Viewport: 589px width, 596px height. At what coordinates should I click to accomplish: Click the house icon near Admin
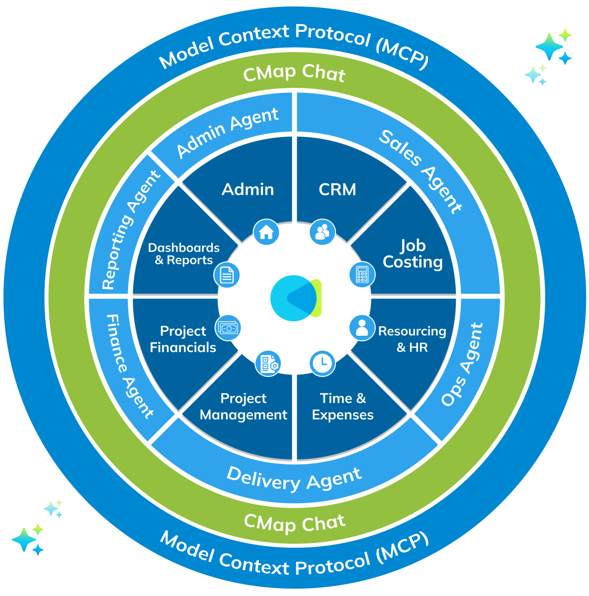click(266, 232)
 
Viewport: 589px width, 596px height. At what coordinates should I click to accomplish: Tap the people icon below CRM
click(322, 232)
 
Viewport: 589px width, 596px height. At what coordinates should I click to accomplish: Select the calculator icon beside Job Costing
click(362, 274)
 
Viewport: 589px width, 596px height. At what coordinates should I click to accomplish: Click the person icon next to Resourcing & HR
click(362, 327)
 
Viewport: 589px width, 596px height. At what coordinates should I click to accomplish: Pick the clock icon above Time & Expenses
click(322, 363)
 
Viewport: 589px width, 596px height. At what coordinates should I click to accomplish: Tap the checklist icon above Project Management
click(268, 363)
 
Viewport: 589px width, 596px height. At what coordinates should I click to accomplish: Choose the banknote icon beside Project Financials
click(228, 328)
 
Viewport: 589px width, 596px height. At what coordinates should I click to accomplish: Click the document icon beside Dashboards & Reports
click(227, 275)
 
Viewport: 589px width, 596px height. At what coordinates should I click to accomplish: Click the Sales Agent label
click(421, 171)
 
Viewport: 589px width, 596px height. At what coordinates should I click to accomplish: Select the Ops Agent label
click(462, 365)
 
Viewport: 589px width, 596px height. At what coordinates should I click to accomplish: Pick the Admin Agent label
click(227, 133)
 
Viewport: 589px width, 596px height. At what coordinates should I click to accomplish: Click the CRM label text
click(337, 189)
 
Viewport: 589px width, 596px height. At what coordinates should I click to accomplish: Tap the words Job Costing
click(413, 254)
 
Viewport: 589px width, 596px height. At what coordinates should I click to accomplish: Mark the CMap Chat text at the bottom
click(294, 522)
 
